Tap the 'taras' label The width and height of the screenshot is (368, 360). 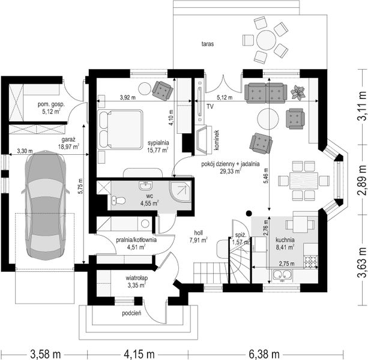[x=208, y=44]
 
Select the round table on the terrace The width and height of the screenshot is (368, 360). [x=266, y=40]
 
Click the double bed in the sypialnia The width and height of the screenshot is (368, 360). [x=120, y=129]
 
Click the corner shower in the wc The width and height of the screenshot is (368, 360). [x=180, y=192]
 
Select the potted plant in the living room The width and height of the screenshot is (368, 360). [x=298, y=92]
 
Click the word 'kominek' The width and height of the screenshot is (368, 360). [x=217, y=140]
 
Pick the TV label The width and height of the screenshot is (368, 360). [x=210, y=107]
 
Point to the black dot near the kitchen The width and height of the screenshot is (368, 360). [x=249, y=213]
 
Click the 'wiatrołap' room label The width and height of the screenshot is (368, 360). [x=136, y=278]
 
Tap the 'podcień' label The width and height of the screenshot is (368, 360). [x=131, y=313]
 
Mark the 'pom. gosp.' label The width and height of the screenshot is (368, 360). [x=51, y=104]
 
